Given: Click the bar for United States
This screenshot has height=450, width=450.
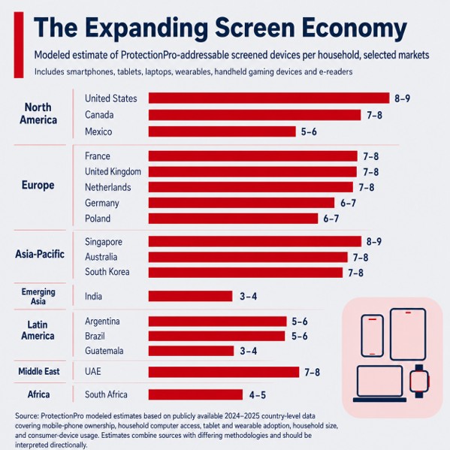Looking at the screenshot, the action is pyautogui.click(x=269, y=98).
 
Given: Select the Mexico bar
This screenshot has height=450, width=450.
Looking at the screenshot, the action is pyautogui.click(x=222, y=131).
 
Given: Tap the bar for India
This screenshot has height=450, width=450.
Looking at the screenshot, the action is pyautogui.click(x=191, y=296).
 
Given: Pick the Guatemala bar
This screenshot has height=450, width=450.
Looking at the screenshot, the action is pyautogui.click(x=191, y=351).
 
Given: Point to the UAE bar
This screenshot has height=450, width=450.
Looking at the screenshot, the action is pyautogui.click(x=224, y=372).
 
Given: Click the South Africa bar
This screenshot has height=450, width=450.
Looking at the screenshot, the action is pyautogui.click(x=195, y=394).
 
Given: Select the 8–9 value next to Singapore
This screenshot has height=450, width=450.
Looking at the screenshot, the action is pyautogui.click(x=374, y=242).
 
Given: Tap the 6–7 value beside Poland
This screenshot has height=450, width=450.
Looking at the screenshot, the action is pyautogui.click(x=331, y=219).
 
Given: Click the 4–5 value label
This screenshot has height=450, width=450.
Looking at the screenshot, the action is pyautogui.click(x=258, y=395).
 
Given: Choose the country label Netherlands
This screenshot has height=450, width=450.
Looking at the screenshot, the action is pyautogui.click(x=108, y=187).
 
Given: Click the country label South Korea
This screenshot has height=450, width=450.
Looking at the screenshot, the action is pyautogui.click(x=107, y=272).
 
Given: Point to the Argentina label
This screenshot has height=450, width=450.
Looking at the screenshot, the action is pyautogui.click(x=102, y=321).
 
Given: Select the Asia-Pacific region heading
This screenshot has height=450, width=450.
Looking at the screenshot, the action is pyautogui.click(x=40, y=254).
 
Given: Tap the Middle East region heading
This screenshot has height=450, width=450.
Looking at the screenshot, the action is pyautogui.click(x=39, y=371).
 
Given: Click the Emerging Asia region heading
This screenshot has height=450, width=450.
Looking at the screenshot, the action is pyautogui.click(x=38, y=297).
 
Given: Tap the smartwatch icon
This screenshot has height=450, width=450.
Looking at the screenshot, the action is pyautogui.click(x=419, y=381).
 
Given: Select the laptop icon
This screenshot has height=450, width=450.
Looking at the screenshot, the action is pyautogui.click(x=379, y=384).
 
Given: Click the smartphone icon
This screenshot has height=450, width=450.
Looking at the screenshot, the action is pyautogui.click(x=372, y=336).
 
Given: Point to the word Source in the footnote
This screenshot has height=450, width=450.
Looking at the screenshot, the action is pyautogui.click(x=27, y=416).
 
